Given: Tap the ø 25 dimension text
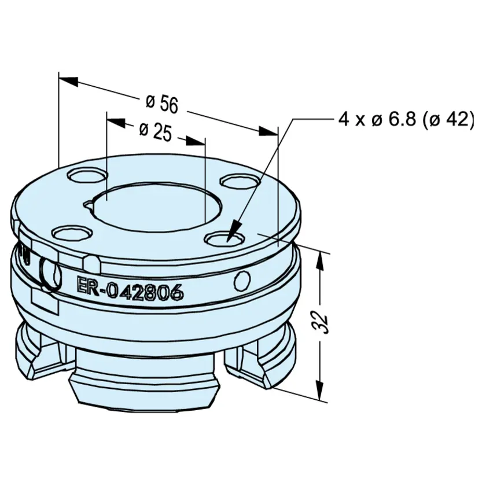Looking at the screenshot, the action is tap(155, 132).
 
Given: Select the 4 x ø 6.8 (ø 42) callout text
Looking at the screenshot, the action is tap(406, 119).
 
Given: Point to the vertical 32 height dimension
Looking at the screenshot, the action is tap(320, 323).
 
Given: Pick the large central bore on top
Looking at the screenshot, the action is tap(158, 207).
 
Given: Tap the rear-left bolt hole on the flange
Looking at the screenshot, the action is tap(87, 176).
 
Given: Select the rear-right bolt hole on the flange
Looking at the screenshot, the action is tap(240, 181).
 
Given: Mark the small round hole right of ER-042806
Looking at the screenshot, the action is tap(242, 281).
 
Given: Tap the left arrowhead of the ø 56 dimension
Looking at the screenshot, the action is tap(69, 80).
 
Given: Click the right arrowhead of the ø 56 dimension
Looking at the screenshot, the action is tap(268, 131).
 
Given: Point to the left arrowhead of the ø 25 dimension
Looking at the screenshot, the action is tap(116, 122).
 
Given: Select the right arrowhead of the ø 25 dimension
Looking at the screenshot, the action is tap(196, 141).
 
